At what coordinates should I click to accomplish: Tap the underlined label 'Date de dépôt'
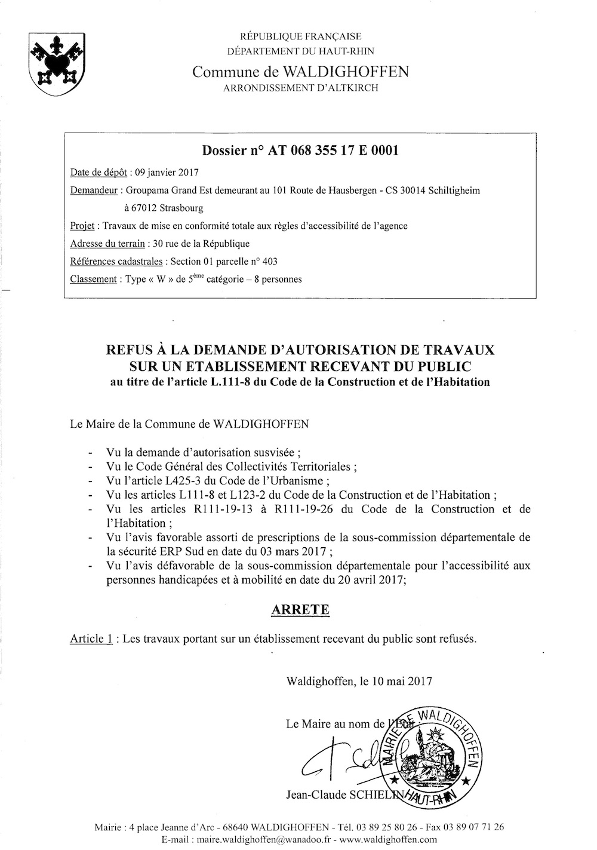coord(98,173)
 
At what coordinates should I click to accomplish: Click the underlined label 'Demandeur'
coord(94,191)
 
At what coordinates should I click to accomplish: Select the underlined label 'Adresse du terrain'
coord(107,243)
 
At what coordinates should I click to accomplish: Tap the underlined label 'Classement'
coord(93,279)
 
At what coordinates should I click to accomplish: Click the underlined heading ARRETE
coord(300,610)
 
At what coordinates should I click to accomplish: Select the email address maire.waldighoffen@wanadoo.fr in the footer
coord(239,839)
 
